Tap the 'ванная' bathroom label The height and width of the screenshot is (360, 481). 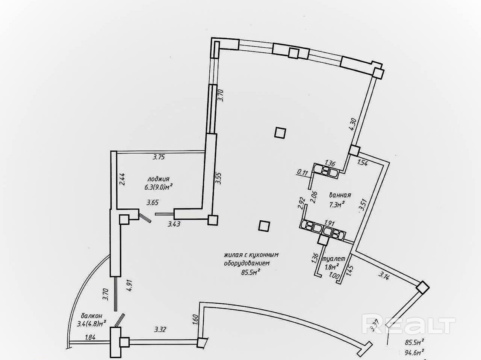point(340,195)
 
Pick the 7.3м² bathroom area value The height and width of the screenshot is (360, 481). point(337,204)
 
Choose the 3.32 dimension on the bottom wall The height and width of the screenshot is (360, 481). point(160,330)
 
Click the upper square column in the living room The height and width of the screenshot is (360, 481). point(280,133)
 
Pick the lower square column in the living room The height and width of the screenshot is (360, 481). point(264,226)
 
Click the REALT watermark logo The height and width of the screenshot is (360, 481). point(408,325)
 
